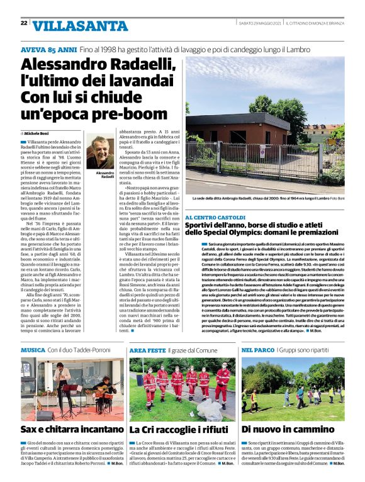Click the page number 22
(x=23, y=23)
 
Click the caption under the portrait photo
(x=100, y=174)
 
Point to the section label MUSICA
(x=33, y=350)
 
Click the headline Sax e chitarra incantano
(x=72, y=430)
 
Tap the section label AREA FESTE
(x=147, y=350)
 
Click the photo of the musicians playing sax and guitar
(x=72, y=389)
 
